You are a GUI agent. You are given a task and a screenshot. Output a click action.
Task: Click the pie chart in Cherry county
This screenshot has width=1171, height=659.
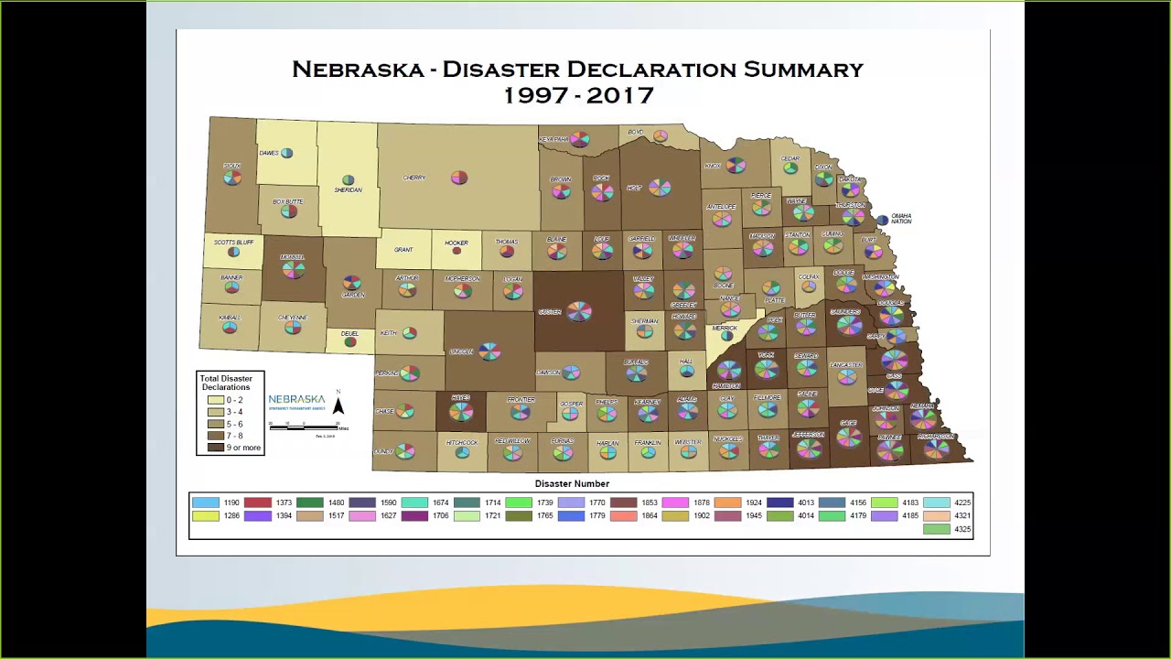pyautogui.click(x=459, y=178)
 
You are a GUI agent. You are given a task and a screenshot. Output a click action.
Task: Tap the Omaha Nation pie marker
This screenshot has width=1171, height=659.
pyautogui.click(x=882, y=220)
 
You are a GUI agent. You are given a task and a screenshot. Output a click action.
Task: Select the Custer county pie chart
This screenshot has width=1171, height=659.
pyautogui.click(x=578, y=312)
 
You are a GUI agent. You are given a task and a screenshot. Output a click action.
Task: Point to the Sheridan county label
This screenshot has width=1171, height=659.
pyautogui.click(x=348, y=190)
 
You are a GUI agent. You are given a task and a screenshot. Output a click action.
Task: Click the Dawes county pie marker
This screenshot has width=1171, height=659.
pyautogui.click(x=287, y=153)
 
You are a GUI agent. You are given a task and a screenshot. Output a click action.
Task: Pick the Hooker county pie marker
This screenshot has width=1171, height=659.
pyautogui.click(x=457, y=251)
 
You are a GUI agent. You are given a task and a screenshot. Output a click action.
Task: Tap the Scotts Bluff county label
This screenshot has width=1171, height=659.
pyautogui.click(x=233, y=243)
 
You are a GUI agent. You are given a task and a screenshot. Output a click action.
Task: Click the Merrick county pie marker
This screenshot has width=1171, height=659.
pyautogui.click(x=726, y=336)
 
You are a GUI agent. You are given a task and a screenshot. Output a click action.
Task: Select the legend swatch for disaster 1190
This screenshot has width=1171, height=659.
pyautogui.click(x=206, y=502)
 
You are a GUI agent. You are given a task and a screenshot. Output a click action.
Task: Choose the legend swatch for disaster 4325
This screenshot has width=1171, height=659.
pyautogui.click(x=937, y=529)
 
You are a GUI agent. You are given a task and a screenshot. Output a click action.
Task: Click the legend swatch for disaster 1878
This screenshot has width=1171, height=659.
pyautogui.click(x=675, y=502)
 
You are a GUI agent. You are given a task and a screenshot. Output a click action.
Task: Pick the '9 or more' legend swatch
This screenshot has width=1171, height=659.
pyautogui.click(x=216, y=448)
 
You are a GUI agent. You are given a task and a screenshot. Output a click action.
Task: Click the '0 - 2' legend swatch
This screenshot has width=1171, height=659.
pyautogui.click(x=216, y=400)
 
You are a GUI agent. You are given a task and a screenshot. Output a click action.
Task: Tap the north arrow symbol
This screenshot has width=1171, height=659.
pyautogui.click(x=338, y=404)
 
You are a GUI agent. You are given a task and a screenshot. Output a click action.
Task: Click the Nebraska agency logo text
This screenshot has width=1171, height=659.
pyautogui.click(x=296, y=400)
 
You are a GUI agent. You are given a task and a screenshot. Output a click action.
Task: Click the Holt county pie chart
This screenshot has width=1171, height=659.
pyautogui.click(x=660, y=188)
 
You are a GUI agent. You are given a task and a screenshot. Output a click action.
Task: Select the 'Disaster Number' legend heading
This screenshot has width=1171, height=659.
pyautogui.click(x=572, y=483)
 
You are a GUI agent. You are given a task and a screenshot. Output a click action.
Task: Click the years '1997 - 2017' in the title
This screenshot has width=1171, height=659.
pyautogui.click(x=578, y=95)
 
